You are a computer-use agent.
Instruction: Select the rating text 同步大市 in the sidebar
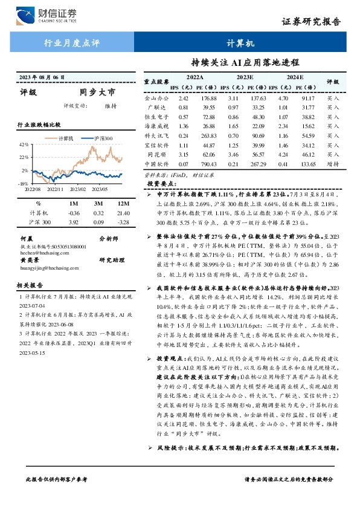tap(97, 92)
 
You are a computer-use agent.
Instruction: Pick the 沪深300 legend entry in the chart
tap(100, 139)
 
